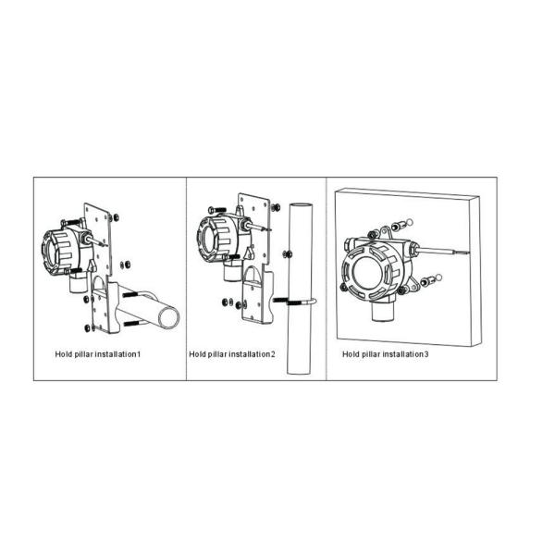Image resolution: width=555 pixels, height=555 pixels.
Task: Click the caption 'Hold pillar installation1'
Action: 98,354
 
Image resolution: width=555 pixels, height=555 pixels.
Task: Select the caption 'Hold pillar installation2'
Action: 232,354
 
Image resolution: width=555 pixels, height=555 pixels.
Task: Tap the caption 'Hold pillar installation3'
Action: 385,354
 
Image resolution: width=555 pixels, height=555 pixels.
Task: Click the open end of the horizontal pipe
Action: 169,317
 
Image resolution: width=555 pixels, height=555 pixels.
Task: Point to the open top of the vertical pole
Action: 301,205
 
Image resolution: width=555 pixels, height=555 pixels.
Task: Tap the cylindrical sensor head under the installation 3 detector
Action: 382,311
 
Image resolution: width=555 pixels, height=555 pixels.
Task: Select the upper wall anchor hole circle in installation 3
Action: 410,222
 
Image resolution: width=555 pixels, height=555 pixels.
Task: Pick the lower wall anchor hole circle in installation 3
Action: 439,277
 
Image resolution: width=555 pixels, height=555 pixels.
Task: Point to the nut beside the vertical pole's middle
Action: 288,253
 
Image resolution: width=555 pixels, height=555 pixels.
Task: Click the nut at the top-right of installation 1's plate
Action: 115,217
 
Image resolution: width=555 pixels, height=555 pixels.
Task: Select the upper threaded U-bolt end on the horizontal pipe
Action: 131,294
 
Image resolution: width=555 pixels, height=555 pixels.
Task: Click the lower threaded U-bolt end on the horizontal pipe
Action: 132,323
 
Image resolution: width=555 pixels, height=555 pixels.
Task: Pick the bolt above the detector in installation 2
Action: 217,210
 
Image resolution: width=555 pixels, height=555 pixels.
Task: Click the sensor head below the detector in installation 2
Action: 232,272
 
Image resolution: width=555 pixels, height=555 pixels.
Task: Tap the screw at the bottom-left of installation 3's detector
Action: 342,287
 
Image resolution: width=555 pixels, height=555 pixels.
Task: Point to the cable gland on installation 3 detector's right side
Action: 413,249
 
